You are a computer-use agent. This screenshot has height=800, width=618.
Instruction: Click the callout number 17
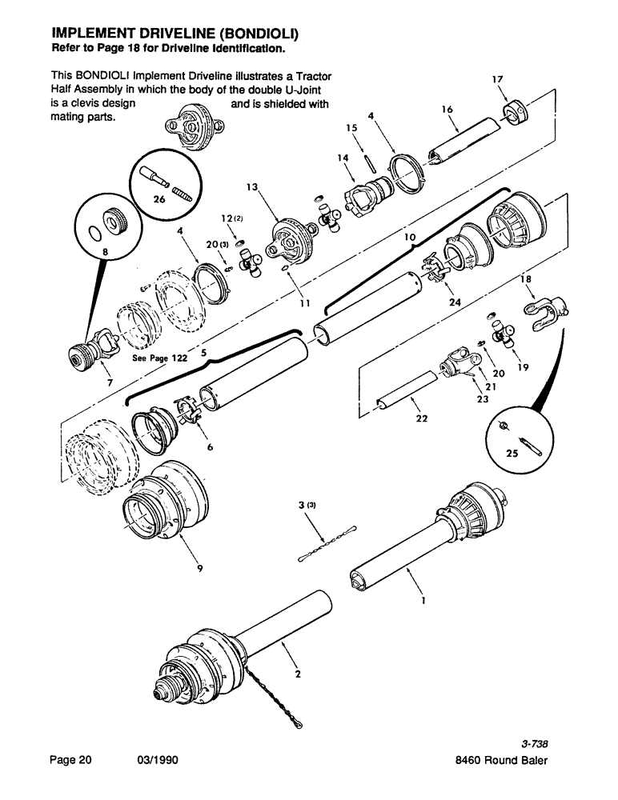point(497,78)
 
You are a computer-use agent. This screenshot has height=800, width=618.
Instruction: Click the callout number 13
point(253,186)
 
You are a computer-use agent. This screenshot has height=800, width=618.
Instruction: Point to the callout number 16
point(447,108)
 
